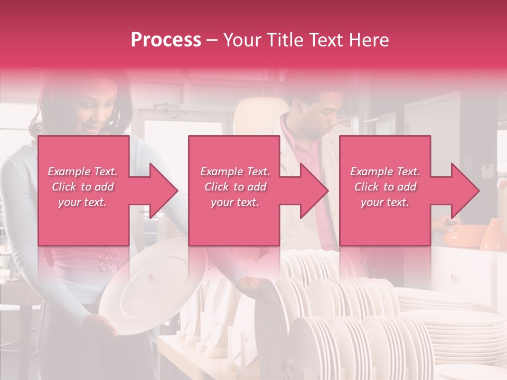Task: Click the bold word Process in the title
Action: click(x=166, y=40)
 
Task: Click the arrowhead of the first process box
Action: click(x=161, y=191)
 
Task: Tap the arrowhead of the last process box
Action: click(x=463, y=191)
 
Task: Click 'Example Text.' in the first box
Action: click(x=82, y=172)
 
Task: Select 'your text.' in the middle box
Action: click(x=234, y=202)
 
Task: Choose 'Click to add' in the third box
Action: click(x=385, y=187)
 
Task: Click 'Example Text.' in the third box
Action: click(x=385, y=172)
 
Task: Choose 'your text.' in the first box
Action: click(x=82, y=202)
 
